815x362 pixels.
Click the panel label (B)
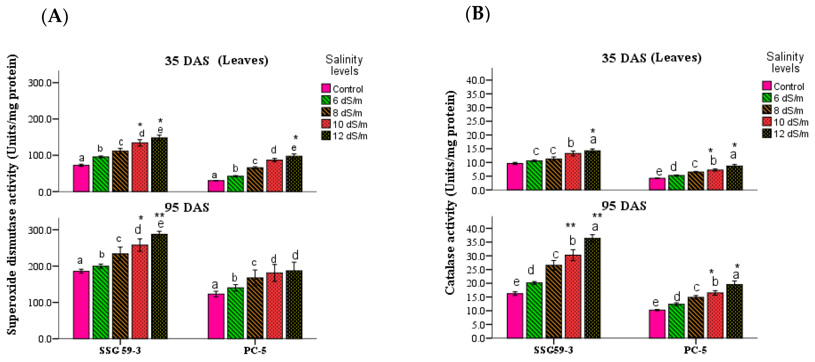477,14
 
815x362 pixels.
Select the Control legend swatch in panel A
326,88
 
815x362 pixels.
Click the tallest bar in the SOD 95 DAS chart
159,286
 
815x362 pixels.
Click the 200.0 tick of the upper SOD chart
39,119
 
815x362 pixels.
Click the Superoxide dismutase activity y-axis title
12,194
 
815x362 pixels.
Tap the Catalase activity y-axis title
450,193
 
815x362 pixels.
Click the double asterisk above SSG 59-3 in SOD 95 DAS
159,216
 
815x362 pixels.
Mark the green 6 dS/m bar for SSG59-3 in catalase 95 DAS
534,310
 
